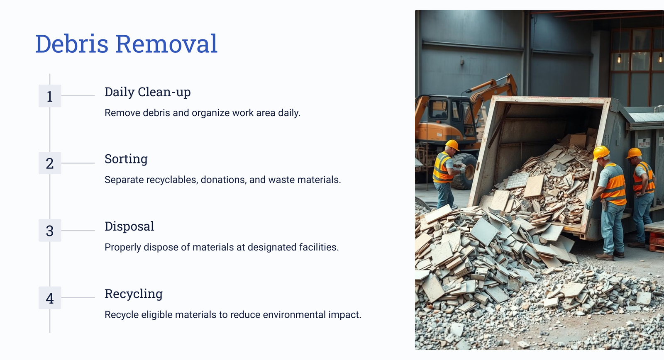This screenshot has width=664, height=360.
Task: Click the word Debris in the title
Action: pos(72,44)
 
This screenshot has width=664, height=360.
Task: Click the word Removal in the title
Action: pos(166,44)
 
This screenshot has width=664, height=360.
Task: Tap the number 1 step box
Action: pos(50,96)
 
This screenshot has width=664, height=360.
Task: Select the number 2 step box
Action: pos(50,163)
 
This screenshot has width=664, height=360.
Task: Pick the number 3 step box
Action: pos(50,231)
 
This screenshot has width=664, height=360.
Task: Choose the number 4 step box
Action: pos(50,298)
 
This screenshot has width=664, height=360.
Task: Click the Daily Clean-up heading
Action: pos(148,92)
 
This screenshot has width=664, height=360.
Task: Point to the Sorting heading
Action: pos(126,159)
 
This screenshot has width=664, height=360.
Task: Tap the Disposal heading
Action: pos(129,226)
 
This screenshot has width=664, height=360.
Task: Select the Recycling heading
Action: pos(134,294)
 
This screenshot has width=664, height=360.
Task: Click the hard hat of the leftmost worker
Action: pos(452,145)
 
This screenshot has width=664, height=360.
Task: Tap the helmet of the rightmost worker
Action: pos(634,153)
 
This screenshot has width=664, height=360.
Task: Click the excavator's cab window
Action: pos(438,109)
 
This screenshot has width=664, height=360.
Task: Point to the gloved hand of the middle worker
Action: pos(589,204)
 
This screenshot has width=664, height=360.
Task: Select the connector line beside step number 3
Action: pos(78,231)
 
